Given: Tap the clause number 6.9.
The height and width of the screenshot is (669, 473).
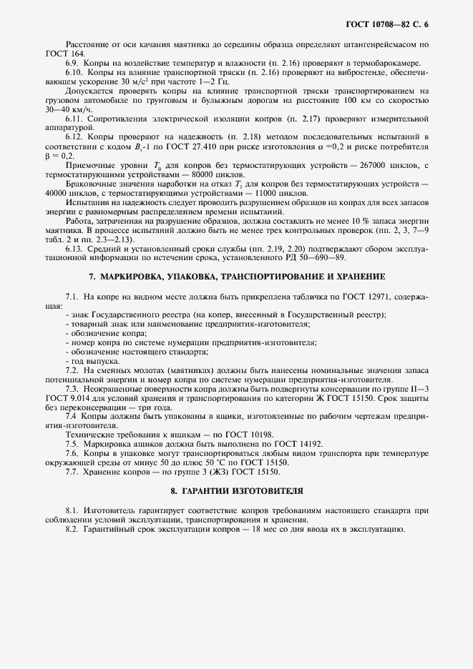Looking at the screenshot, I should [72, 63].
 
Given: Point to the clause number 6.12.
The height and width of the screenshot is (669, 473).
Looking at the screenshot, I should [74, 136].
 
